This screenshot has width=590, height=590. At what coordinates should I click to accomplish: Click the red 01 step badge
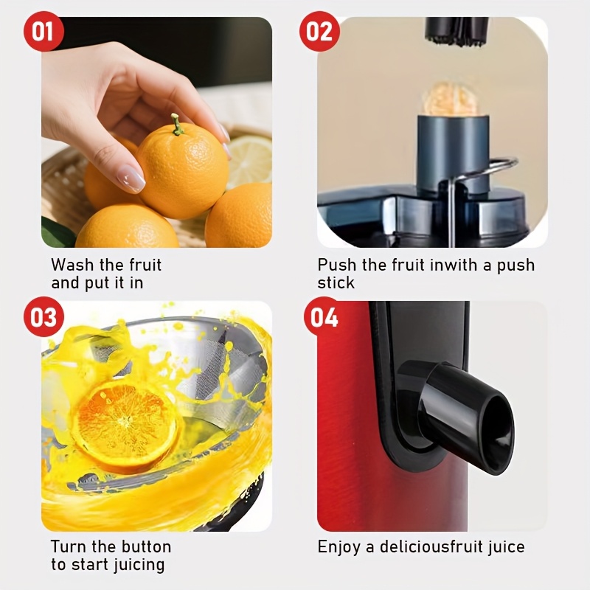pos(44,31)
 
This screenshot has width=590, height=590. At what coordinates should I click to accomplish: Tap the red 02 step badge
pos(319,31)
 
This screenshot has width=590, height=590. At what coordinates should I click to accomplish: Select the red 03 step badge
pos(44,316)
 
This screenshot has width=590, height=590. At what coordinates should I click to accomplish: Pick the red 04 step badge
pos(324,316)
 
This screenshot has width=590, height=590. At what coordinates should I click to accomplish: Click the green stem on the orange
pos(176,125)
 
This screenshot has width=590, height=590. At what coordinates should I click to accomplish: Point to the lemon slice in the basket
pos(249,161)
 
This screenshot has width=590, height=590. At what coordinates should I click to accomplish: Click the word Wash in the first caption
pos(72,265)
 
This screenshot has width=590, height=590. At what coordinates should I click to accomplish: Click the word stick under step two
pos(336,283)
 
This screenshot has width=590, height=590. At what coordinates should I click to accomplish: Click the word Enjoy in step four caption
pos(339,546)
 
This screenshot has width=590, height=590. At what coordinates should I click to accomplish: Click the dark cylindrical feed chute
pos(453,155)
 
